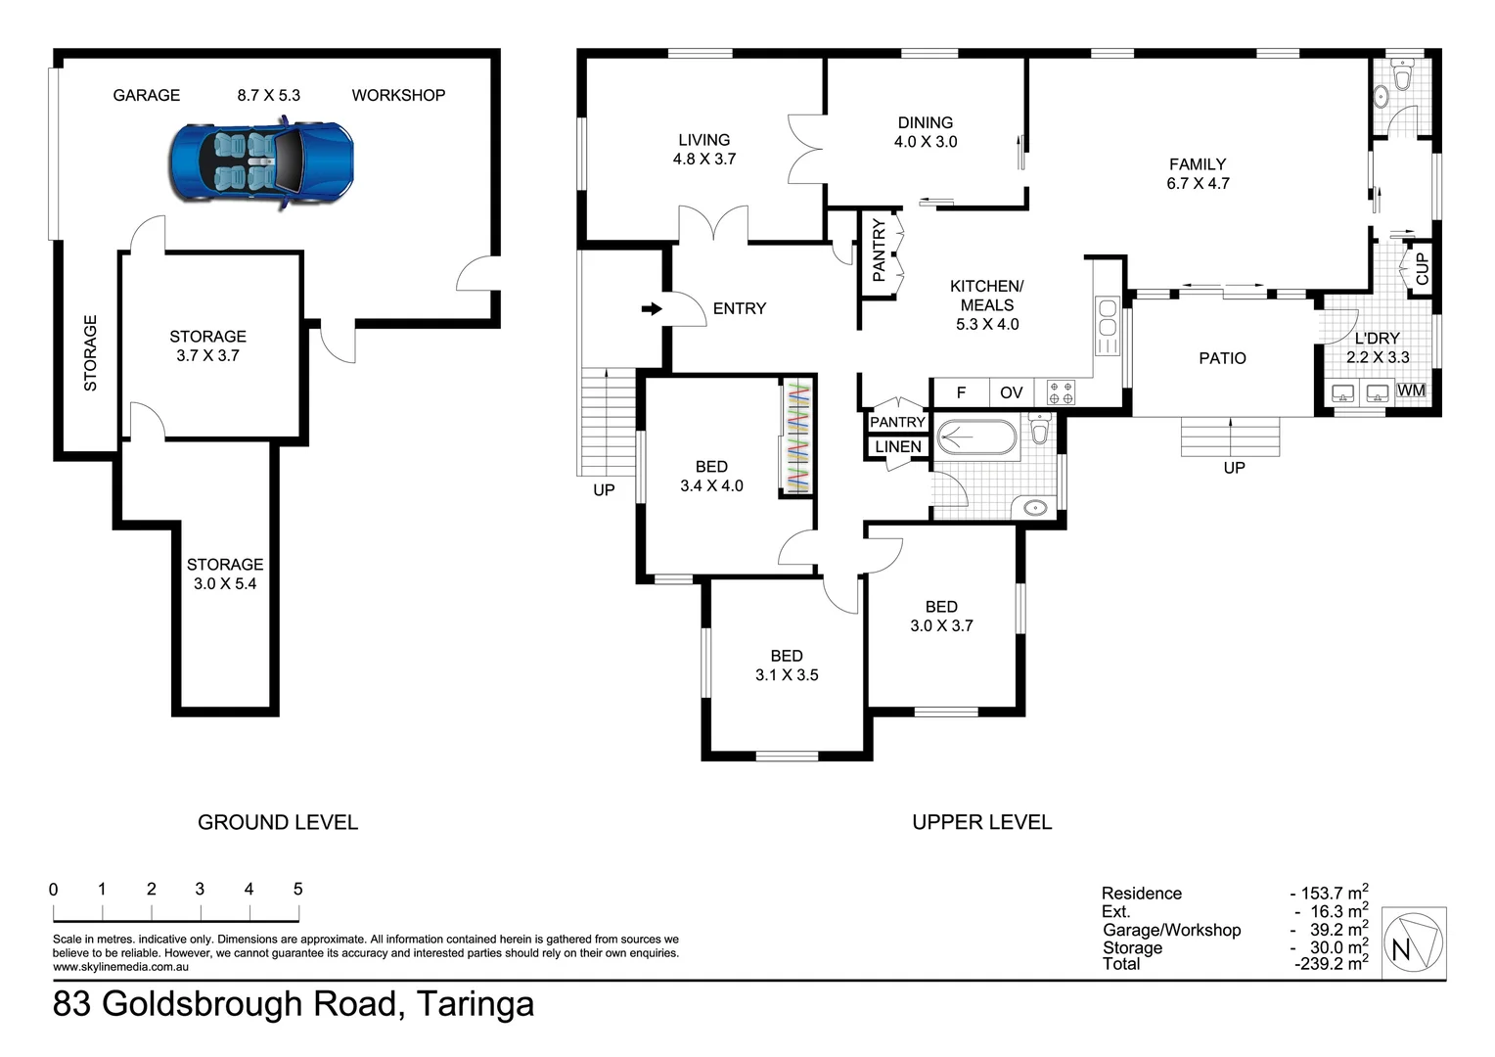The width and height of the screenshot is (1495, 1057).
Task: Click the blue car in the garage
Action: [x=261, y=163]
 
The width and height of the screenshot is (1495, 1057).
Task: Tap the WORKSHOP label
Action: [x=398, y=96]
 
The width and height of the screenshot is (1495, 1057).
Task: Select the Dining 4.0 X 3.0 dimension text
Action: [x=926, y=142]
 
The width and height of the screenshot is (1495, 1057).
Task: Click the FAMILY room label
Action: [x=1198, y=164]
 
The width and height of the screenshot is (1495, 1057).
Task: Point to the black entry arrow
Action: [x=652, y=308]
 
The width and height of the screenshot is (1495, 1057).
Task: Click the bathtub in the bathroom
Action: [x=977, y=437]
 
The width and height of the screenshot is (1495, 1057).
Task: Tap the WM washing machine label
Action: [x=1411, y=390]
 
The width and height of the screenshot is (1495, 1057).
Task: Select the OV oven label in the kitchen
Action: [x=1011, y=392]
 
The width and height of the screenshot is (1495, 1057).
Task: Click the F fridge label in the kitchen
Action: [x=961, y=392]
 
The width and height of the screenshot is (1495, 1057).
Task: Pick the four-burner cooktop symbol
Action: [x=1061, y=392]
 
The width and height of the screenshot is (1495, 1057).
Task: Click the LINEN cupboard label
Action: [x=898, y=446]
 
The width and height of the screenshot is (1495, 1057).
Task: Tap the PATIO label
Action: [x=1222, y=358]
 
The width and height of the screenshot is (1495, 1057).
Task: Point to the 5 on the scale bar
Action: [x=297, y=889]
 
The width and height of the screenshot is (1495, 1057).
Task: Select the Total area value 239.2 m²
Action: [x=1332, y=964]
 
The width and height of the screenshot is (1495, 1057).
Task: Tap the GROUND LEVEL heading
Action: [x=278, y=822]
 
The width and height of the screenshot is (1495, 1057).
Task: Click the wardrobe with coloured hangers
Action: [x=796, y=437]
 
